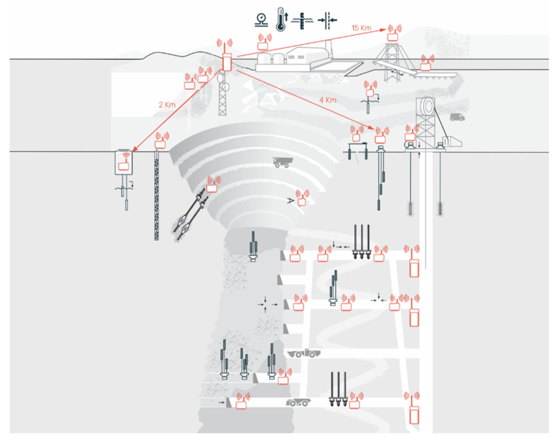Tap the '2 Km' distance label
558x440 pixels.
point(167,105)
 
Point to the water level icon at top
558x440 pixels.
point(302,21)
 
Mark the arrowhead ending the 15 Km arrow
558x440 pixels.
point(383,30)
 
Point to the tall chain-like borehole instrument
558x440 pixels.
point(156,196)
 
